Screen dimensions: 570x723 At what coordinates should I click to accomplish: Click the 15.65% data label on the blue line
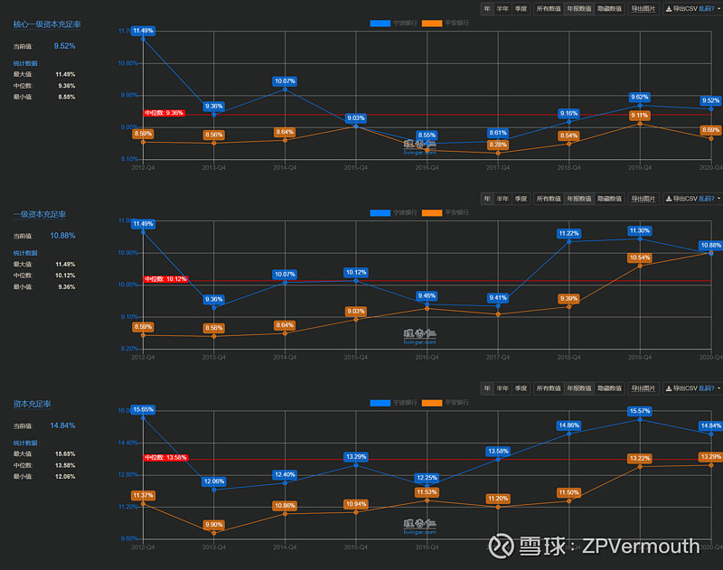click(143, 409)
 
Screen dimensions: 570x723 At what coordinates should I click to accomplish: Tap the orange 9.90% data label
click(213, 525)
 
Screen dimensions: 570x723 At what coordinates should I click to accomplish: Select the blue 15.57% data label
click(640, 411)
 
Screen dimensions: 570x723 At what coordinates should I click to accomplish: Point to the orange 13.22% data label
click(640, 458)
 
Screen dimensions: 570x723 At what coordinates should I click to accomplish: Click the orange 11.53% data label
click(427, 491)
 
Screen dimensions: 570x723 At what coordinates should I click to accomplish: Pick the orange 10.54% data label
click(640, 257)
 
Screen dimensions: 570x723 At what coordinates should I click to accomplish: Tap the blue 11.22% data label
click(569, 233)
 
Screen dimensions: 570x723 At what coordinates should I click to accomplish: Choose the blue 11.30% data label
click(640, 230)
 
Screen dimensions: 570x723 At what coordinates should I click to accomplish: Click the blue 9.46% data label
click(427, 295)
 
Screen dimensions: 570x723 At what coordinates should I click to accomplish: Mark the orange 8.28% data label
click(498, 145)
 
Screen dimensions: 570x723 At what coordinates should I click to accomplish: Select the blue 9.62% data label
click(640, 97)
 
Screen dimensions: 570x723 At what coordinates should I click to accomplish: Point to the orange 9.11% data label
click(640, 115)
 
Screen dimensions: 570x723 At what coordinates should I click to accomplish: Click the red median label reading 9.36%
click(164, 114)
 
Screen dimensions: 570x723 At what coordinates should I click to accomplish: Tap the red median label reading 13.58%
click(165, 457)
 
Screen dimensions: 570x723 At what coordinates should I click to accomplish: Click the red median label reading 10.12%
click(165, 279)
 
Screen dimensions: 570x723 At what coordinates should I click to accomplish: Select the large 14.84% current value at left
click(63, 425)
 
